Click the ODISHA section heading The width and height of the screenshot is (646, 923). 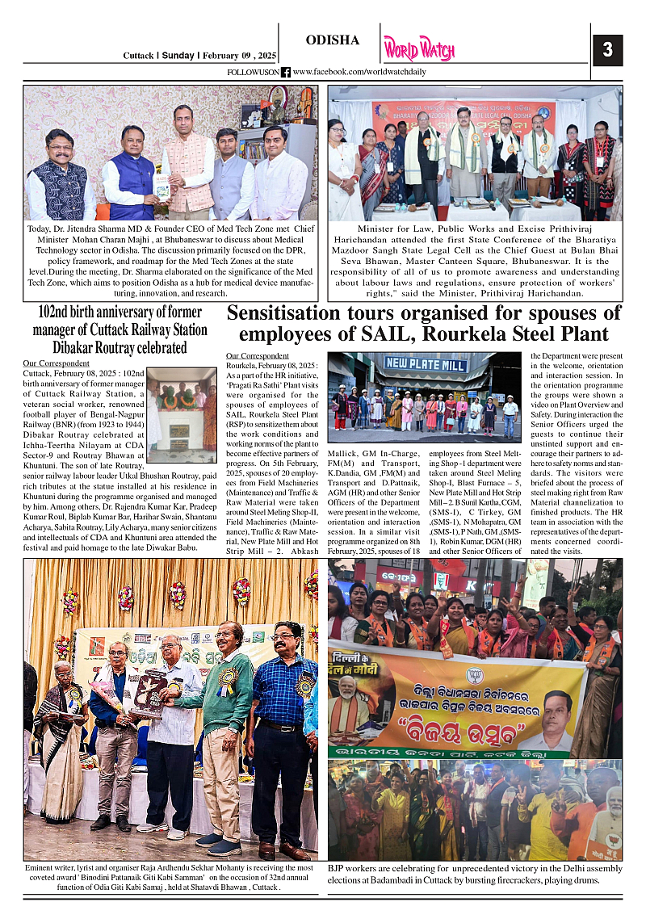332,40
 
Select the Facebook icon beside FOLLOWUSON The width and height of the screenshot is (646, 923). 286,73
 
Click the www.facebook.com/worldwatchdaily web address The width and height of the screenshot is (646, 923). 359,73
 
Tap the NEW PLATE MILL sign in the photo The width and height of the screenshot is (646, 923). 426,364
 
